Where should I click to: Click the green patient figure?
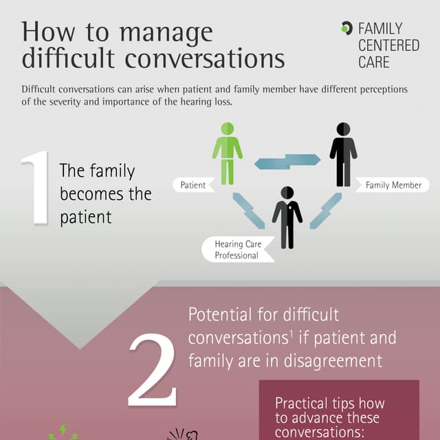[227, 155]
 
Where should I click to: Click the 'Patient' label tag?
[194, 185]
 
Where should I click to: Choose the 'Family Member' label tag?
[393, 185]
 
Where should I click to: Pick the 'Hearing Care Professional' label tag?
[238, 250]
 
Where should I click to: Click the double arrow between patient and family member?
[287, 162]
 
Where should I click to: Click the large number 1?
[36, 189]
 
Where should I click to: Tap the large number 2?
[153, 372]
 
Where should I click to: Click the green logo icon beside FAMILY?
[346, 28]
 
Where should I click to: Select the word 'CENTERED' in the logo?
[388, 45]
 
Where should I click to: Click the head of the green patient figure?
[227, 129]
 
